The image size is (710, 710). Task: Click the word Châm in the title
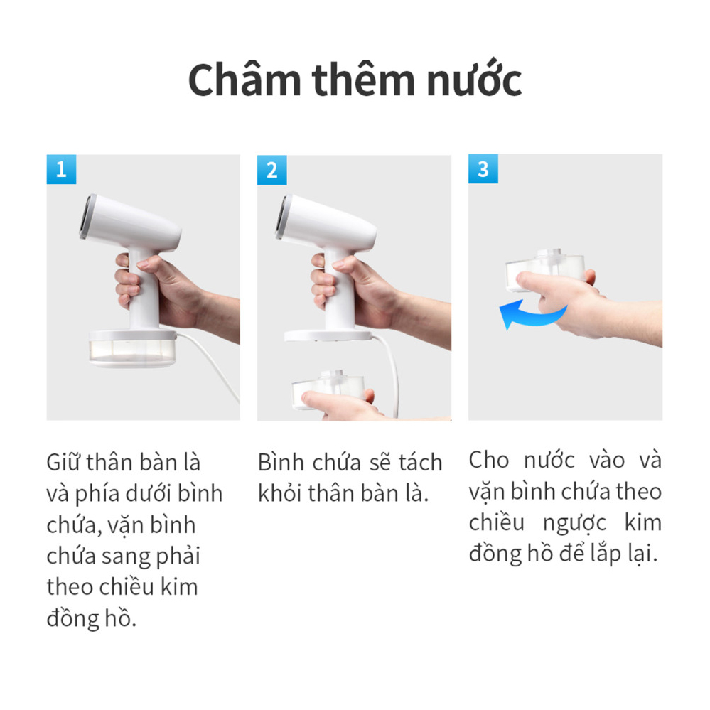click(x=245, y=80)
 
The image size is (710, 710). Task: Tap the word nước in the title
click(x=474, y=80)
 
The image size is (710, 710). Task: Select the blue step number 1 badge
click(x=61, y=169)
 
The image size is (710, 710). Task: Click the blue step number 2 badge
click(x=271, y=170)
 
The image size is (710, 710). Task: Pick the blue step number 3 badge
click(x=483, y=168)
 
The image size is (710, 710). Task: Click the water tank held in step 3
click(x=544, y=269)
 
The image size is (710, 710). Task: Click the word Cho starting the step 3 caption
click(x=489, y=460)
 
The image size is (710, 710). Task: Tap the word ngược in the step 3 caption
click(x=574, y=524)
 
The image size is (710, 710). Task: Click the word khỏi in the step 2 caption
click(x=280, y=493)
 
